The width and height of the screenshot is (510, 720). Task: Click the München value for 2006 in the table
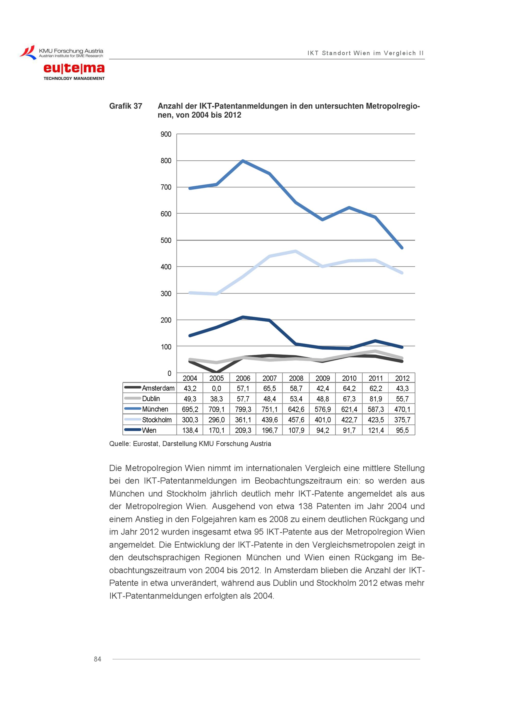pyautogui.click(x=243, y=409)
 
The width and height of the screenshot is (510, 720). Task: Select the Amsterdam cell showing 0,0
pyautogui.click(x=216, y=388)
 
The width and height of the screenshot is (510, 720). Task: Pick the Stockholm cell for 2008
pyautogui.click(x=296, y=420)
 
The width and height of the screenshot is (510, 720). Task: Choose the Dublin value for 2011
pyautogui.click(x=376, y=399)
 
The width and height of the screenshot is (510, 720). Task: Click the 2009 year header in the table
pyautogui.click(x=323, y=378)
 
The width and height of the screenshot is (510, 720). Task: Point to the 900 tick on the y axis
pyautogui.click(x=166, y=134)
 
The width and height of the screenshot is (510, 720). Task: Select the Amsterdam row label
pyautogui.click(x=158, y=388)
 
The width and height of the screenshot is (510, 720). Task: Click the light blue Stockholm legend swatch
pyautogui.click(x=133, y=419)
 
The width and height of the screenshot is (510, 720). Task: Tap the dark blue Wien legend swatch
pyautogui.click(x=133, y=430)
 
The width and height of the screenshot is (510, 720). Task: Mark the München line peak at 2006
pyautogui.click(x=243, y=161)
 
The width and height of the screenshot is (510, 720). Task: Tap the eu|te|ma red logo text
pyautogui.click(x=74, y=68)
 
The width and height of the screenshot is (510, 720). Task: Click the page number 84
pyautogui.click(x=97, y=659)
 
